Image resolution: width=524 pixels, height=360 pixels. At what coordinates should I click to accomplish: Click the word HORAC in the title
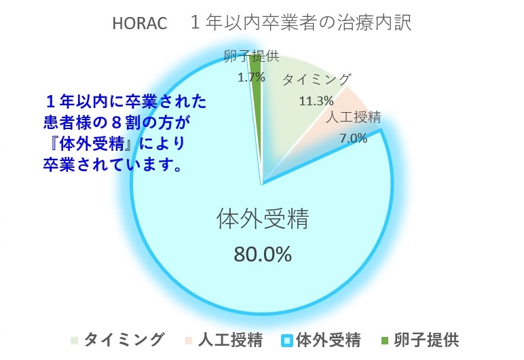tap(140, 23)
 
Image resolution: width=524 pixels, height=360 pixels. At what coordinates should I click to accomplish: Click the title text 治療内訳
tap(373, 22)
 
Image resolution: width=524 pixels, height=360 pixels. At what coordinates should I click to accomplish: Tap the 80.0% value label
tap(263, 254)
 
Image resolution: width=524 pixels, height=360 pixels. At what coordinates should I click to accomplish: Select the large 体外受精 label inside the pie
tap(263, 219)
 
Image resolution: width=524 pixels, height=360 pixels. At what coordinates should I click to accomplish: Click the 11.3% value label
tap(316, 101)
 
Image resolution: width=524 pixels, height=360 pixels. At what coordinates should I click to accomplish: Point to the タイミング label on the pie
tap(316, 80)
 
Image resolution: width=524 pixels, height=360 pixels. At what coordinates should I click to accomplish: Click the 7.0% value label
tap(354, 138)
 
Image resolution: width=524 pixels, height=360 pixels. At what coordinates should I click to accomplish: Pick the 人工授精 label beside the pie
tap(353, 118)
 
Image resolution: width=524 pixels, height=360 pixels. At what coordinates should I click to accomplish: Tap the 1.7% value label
tap(251, 77)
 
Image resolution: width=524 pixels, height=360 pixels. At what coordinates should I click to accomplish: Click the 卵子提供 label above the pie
tap(251, 56)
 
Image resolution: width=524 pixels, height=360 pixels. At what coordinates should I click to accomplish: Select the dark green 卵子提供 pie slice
tap(256, 101)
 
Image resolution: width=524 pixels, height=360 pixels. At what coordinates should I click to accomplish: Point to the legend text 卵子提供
tap(426, 340)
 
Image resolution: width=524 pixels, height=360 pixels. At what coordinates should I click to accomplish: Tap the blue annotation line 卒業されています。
tap(113, 165)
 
